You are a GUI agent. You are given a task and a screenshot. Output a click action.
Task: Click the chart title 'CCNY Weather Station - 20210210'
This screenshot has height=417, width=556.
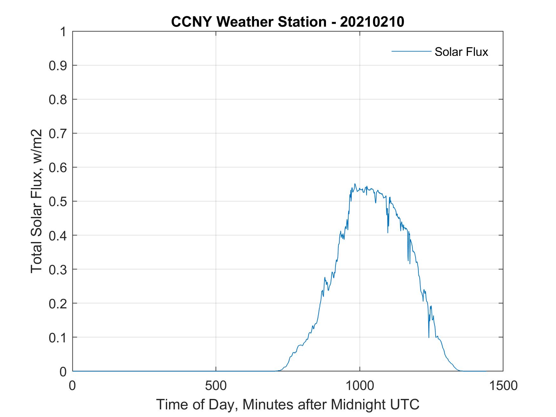pyautogui.click(x=288, y=22)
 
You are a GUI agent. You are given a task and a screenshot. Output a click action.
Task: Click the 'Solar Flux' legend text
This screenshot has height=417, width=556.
pyautogui.click(x=461, y=52)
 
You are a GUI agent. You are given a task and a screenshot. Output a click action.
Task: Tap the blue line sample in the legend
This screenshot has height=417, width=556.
pyautogui.click(x=411, y=51)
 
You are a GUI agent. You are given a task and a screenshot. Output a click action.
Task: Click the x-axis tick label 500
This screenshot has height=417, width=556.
pyautogui.click(x=216, y=386)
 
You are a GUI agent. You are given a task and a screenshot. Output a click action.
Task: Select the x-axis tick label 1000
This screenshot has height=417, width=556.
pyautogui.click(x=359, y=386)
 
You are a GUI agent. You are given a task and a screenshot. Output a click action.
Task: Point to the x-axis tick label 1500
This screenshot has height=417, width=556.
pyautogui.click(x=503, y=386)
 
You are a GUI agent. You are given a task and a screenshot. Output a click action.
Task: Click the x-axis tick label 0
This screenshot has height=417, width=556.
pyautogui.click(x=72, y=386)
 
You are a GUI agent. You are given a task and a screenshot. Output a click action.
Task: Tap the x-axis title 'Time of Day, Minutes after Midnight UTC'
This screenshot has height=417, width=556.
pyautogui.click(x=288, y=405)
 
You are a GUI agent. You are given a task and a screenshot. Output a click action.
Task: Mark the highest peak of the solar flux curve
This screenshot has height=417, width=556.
pyautogui.click(x=355, y=184)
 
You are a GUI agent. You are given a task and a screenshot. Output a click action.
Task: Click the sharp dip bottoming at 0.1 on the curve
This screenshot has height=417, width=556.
pyautogui.click(x=429, y=337)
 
